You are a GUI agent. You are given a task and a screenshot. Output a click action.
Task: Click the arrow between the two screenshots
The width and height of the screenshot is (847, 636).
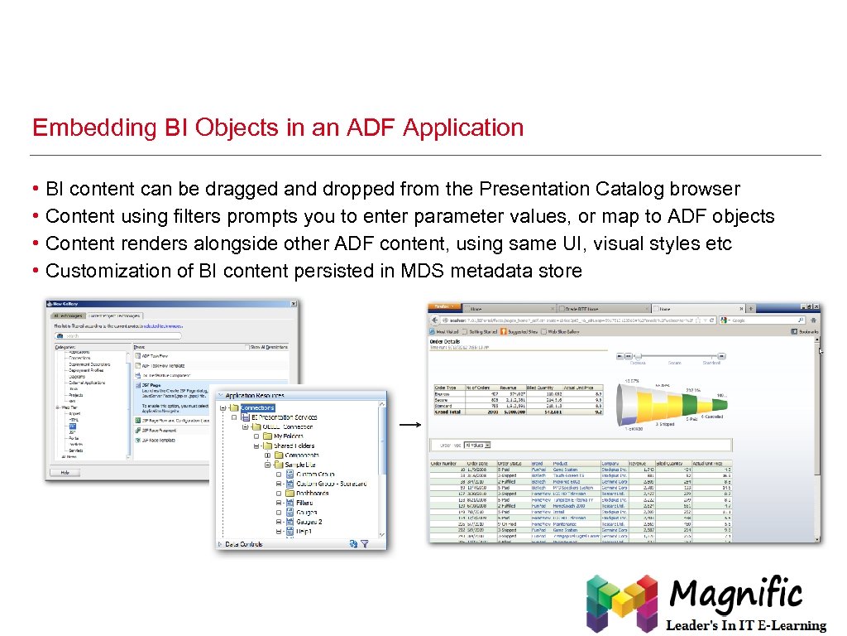point(409,425)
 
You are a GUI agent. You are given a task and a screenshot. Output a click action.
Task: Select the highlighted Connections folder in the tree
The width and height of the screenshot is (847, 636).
point(256,407)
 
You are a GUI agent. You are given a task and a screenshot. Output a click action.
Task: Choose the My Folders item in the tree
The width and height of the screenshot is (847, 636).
point(288,436)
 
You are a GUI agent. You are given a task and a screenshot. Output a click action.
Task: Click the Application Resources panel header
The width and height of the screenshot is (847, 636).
point(255,396)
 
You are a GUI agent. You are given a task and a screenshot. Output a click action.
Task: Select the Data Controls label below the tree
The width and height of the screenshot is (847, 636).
point(244,544)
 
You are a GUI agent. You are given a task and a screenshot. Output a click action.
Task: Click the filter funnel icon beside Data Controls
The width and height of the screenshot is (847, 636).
point(364,544)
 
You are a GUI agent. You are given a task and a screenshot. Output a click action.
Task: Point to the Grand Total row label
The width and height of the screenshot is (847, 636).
point(448,411)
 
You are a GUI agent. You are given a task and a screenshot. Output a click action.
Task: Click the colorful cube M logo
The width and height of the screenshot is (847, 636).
point(621,603)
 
